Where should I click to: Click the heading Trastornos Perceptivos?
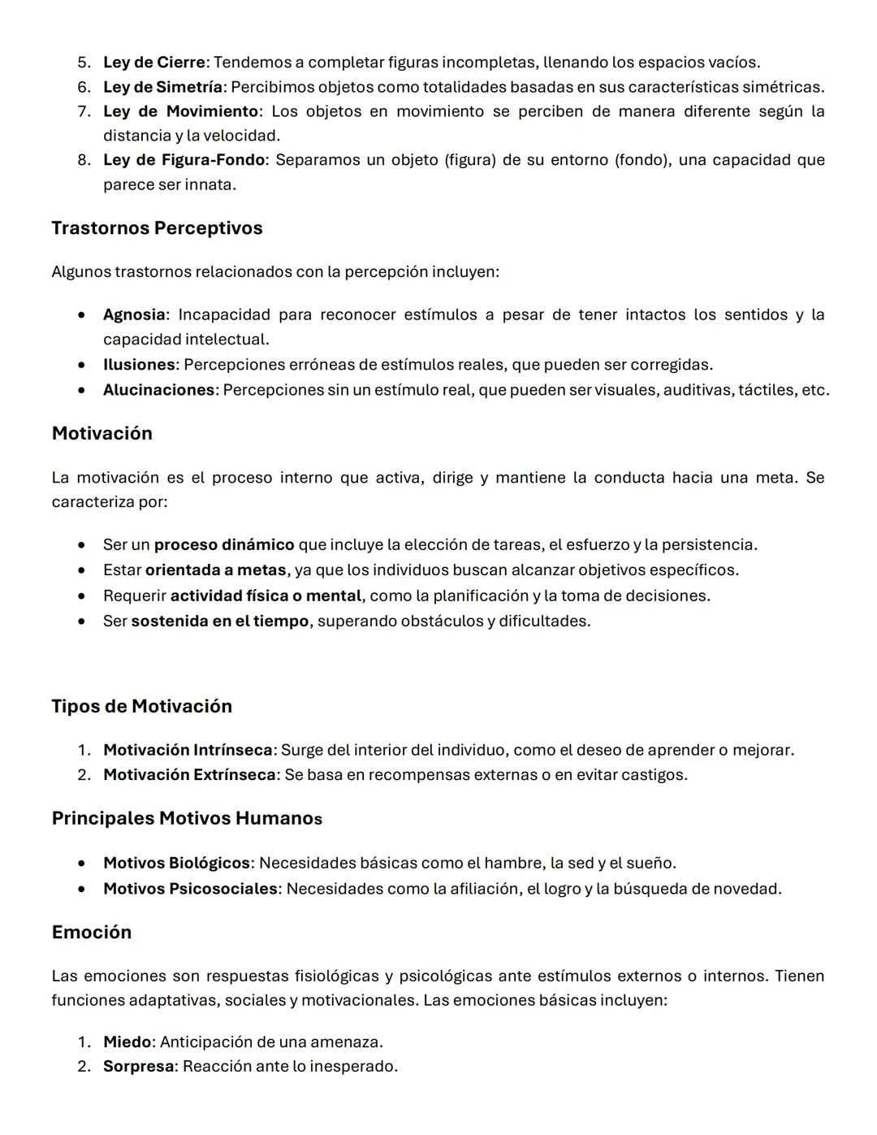(x=157, y=228)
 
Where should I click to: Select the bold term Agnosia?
(x=134, y=314)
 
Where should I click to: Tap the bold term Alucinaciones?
(x=159, y=390)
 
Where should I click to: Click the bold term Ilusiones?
(x=139, y=365)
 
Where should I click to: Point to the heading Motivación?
(x=102, y=434)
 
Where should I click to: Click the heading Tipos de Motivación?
(x=141, y=706)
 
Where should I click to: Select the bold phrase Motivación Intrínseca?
(x=188, y=750)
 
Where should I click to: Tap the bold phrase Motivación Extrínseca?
(x=189, y=775)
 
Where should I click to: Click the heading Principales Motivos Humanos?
(x=187, y=818)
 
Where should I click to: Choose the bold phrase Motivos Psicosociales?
(x=190, y=889)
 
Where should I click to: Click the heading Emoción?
(x=91, y=932)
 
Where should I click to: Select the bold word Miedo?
(x=127, y=1042)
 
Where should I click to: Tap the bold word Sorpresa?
(x=138, y=1066)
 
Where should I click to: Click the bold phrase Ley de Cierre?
(x=153, y=63)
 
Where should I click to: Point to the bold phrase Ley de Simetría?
(x=162, y=87)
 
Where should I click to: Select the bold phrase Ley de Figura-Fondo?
(x=184, y=160)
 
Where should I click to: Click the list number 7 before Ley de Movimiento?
(x=84, y=111)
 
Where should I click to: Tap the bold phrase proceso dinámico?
(x=224, y=544)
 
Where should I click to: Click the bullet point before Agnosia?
(x=82, y=315)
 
